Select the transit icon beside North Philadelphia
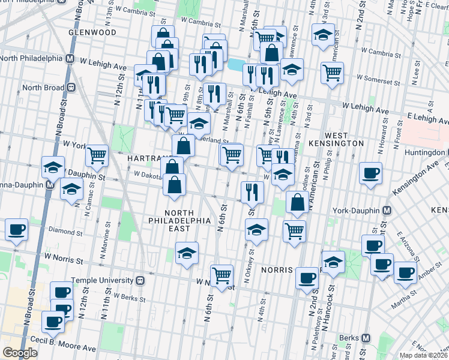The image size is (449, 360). click(70, 59)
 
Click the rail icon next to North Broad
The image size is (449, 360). click(71, 88)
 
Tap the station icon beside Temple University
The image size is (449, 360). click(139, 280)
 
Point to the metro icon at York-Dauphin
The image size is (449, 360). click(387, 211)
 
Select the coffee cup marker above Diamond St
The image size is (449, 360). click(16, 229)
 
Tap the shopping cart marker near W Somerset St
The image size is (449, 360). click(331, 73)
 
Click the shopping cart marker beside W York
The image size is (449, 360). click(96, 156)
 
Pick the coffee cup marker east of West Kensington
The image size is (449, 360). click(370, 173)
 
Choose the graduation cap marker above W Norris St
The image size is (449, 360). click(187, 253)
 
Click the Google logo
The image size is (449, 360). click(20, 353)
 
